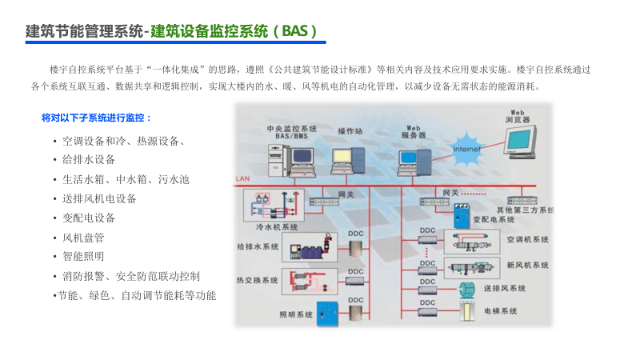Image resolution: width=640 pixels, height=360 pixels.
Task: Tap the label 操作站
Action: click(x=350, y=130)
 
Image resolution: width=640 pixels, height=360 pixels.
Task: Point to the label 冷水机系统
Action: click(x=277, y=227)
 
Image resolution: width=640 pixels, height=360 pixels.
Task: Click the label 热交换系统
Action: click(x=258, y=280)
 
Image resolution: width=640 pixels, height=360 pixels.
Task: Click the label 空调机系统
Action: click(x=528, y=239)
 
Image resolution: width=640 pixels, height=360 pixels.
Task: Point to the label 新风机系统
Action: click(x=528, y=265)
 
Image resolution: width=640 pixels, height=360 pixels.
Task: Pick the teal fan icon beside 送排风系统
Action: click(x=464, y=288)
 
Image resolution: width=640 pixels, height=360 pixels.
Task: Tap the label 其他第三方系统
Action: click(x=525, y=210)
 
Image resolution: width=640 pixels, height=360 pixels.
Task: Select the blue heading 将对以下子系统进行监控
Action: click(x=97, y=118)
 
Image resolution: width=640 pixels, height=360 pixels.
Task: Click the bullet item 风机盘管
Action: click(x=83, y=238)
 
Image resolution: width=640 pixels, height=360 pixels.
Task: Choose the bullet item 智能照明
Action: click(x=83, y=257)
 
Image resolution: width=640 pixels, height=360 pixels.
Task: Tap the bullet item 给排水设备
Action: click(x=89, y=160)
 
